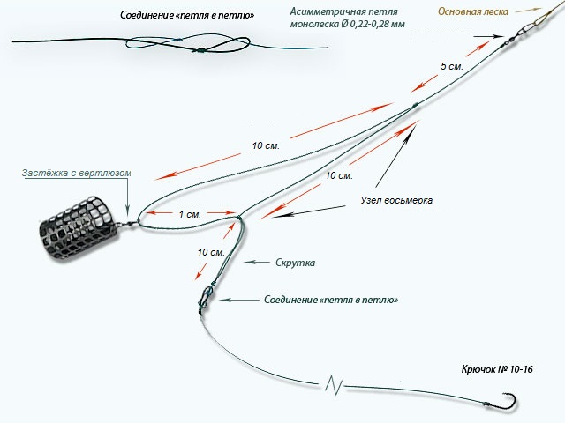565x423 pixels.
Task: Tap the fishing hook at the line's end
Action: [504, 402]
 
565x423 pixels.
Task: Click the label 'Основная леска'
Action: [473, 11]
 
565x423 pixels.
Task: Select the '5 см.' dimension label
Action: [451, 66]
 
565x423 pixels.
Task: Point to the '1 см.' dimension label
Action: [190, 214]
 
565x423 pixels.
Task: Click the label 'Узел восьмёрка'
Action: [396, 200]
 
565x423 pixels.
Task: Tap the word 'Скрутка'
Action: [295, 263]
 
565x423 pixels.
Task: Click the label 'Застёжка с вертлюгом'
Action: [76, 173]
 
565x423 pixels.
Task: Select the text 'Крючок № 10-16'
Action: [497, 369]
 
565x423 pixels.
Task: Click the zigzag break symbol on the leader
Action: [334, 385]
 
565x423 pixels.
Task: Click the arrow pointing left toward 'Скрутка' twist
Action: [256, 263]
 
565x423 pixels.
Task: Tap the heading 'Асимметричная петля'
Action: [343, 11]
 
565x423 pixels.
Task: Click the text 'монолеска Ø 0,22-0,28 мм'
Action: [347, 24]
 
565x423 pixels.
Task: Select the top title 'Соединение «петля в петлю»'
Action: [187, 15]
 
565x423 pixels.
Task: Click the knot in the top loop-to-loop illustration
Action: [199, 51]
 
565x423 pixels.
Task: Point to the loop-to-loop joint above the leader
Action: [206, 297]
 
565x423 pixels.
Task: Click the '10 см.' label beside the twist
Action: [211, 252]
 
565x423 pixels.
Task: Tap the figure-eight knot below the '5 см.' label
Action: [414, 106]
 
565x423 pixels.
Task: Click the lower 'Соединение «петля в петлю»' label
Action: [331, 300]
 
